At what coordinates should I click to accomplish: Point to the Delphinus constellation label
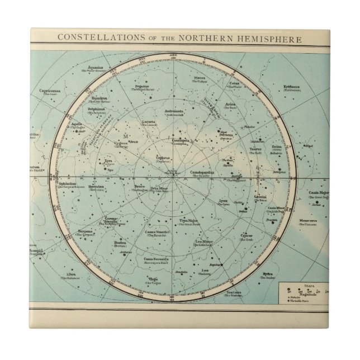[80, 109]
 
